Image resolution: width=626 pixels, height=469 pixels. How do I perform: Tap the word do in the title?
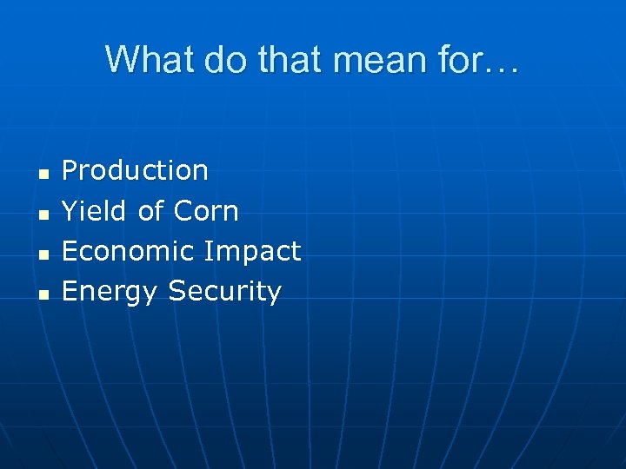click(217, 60)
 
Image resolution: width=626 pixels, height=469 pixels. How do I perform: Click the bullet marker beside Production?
click(42, 174)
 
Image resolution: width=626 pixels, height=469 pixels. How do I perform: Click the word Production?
click(135, 171)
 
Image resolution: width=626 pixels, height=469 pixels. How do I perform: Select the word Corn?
click(206, 211)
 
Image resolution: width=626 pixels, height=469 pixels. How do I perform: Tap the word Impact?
click(251, 252)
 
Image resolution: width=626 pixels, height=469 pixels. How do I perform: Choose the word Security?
click(225, 292)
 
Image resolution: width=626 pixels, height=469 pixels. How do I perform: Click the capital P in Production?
click(70, 171)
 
